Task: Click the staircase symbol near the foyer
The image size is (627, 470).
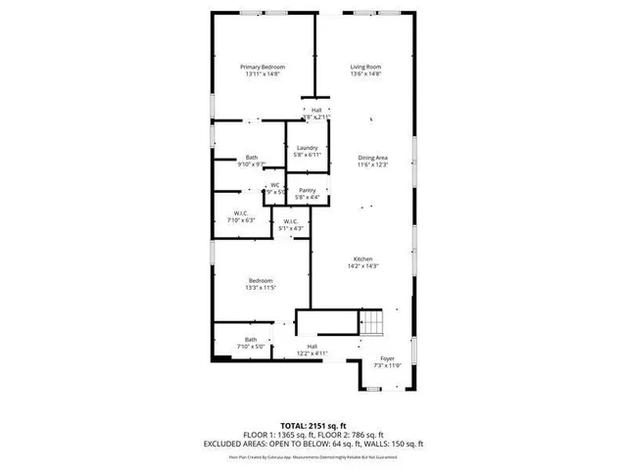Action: coord(372,324)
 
